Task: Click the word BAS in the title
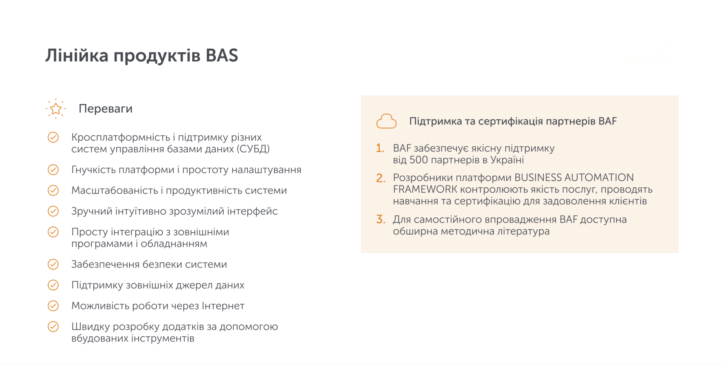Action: [222, 55]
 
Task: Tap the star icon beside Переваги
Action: [56, 109]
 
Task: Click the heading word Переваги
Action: [105, 109]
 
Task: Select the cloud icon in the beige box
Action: [386, 121]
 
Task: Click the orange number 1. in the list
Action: [380, 148]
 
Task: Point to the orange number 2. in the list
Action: [380, 178]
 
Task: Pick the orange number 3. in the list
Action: [380, 219]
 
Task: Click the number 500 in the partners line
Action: [418, 160]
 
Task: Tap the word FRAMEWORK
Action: [425, 189]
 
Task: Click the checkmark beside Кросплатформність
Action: [53, 137]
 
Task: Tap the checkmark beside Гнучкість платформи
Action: [53, 170]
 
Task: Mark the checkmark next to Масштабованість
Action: [53, 190]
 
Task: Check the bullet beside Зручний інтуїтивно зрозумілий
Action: [53, 211]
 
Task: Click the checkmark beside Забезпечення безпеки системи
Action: [53, 264]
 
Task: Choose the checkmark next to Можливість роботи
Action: [53, 306]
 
